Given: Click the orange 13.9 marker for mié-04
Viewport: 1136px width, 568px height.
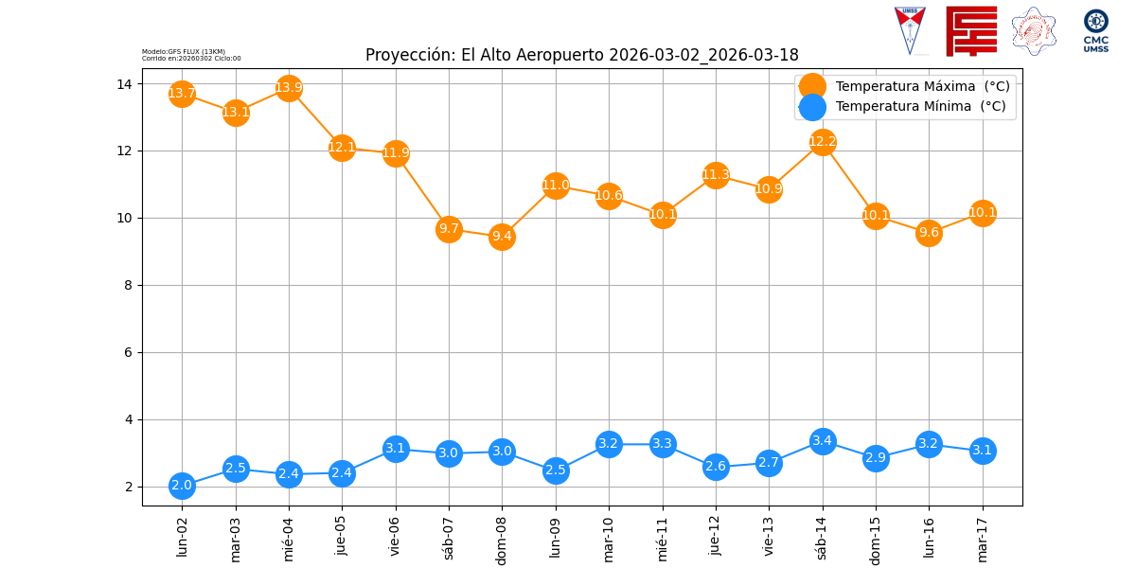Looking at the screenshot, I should (289, 88).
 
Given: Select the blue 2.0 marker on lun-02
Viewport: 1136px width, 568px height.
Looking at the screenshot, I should (182, 486).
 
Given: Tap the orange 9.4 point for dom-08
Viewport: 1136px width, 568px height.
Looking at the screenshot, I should (502, 237).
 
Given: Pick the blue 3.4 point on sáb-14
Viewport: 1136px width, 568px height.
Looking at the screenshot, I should (823, 441).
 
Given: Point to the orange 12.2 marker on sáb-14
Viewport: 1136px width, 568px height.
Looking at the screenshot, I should (823, 142).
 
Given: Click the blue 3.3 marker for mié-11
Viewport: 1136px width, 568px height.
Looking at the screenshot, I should (663, 444).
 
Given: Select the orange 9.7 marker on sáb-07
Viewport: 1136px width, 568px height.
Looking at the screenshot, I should (449, 229).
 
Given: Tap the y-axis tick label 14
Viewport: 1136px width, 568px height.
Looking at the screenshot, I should (124, 84).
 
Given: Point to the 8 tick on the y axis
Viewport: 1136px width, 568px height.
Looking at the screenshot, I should (128, 285).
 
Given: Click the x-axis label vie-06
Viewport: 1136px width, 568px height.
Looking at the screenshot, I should (396, 535).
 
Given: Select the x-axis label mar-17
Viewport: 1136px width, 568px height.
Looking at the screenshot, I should (983, 537).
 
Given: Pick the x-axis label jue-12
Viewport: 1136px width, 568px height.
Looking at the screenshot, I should (716, 535).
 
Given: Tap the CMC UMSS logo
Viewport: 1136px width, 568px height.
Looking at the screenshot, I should (1096, 30).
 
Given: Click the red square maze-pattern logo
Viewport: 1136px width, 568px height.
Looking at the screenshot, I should (971, 31).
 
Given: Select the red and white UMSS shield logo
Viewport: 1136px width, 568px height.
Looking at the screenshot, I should (910, 30).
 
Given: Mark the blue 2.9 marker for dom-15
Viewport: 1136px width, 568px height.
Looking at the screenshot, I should (876, 458).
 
